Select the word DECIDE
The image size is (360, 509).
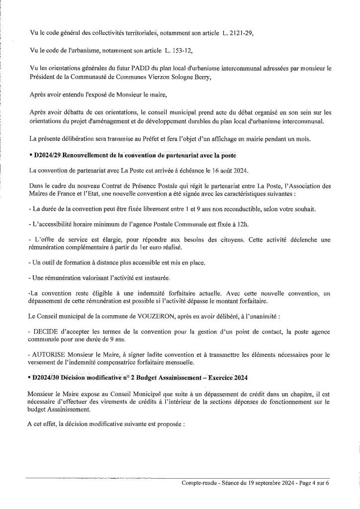click(x=47, y=331)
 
